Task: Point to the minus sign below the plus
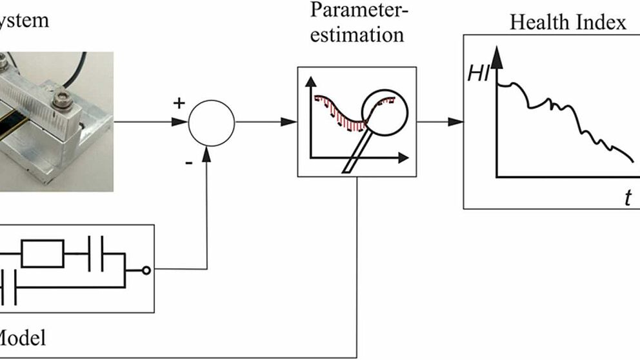coord(188,163)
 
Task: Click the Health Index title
coord(568,23)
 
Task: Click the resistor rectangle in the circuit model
coord(43,252)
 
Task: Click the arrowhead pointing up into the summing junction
coord(207,153)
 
